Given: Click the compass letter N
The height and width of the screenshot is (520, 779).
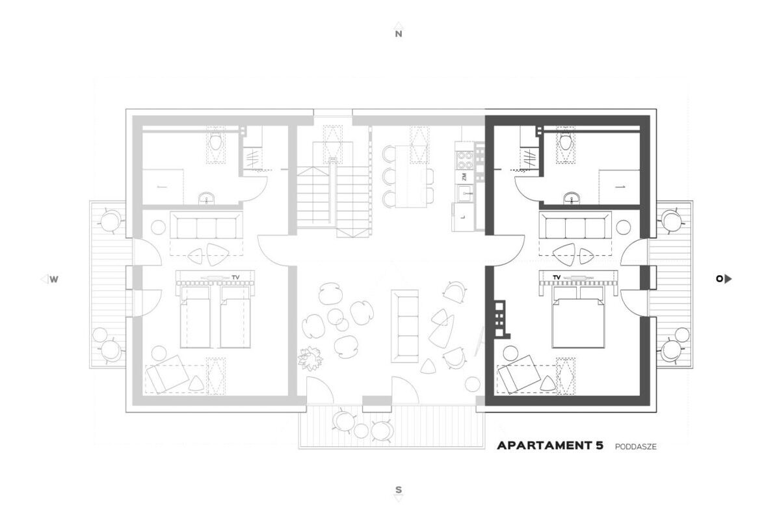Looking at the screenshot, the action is coord(398,34).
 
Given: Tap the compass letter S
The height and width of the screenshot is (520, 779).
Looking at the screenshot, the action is coord(398,489).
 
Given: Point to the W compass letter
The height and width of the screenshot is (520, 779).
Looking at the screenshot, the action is coord(54,279).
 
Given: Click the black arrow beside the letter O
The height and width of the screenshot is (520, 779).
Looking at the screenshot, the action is coord(728,279).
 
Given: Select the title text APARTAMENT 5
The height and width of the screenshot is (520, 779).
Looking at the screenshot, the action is coord(550,445).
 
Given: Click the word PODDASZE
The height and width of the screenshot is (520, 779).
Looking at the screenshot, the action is coord(635,446).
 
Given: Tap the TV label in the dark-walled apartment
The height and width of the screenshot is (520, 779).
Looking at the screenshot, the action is coord(557,277).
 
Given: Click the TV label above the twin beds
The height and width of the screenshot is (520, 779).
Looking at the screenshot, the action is coord(235,277).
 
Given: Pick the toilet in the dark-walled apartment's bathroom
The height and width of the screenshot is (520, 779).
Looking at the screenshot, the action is coord(565,142).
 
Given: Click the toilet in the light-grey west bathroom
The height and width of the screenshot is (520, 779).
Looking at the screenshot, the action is coord(215,142).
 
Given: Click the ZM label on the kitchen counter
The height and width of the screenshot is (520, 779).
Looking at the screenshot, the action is coord(464,176).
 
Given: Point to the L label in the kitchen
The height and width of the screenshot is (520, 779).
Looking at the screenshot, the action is coord(462,218).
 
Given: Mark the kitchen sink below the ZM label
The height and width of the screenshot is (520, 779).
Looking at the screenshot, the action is coord(464,193).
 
